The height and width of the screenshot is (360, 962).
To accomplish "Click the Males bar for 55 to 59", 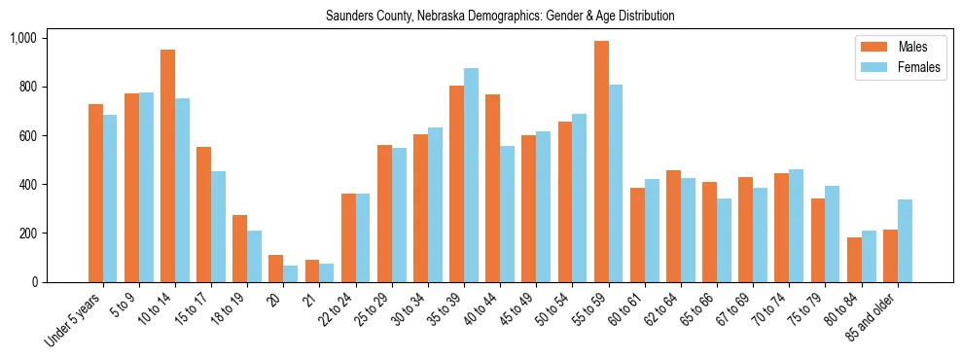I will pos(601,162).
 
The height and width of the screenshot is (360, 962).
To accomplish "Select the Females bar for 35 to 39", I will pos(471,175).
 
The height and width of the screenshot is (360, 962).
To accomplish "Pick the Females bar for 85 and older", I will pos(905,240).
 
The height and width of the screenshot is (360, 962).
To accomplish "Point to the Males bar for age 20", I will pos(275,269).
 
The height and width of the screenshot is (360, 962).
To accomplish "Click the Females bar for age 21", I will pos(326,272).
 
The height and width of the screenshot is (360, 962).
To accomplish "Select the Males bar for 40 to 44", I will pos(492,188).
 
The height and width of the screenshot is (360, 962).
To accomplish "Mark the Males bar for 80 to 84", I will pos(854,260).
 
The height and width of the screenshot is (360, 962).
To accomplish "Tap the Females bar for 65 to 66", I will pos(724,240).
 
